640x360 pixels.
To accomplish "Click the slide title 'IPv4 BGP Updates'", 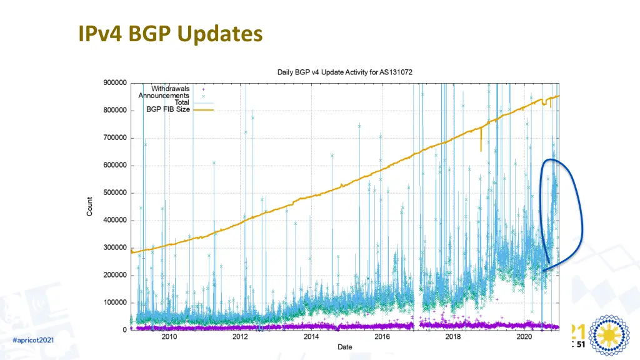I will click(x=170, y=34).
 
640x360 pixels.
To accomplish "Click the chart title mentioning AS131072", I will click(x=345, y=72).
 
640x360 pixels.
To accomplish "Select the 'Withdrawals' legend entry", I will click(x=170, y=89).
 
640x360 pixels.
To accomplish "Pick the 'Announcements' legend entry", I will click(x=164, y=96).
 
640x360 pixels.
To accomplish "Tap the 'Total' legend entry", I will click(x=181, y=102).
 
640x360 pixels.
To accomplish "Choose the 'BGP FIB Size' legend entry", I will click(x=168, y=109).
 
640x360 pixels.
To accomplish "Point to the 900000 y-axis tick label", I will click(x=114, y=82).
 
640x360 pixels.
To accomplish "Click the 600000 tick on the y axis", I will click(x=114, y=165).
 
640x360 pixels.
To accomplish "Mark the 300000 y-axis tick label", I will click(x=114, y=247).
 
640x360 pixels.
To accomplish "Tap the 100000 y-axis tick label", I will click(x=114, y=302).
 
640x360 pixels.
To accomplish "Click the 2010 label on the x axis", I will click(x=169, y=337).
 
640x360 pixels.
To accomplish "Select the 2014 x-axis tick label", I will click(x=311, y=337).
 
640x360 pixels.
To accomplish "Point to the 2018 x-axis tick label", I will click(x=454, y=337).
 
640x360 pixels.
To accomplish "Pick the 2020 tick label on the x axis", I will click(x=525, y=337).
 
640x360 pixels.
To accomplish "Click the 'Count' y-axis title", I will click(x=90, y=206).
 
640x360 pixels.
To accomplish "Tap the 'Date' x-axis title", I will click(x=344, y=346).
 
